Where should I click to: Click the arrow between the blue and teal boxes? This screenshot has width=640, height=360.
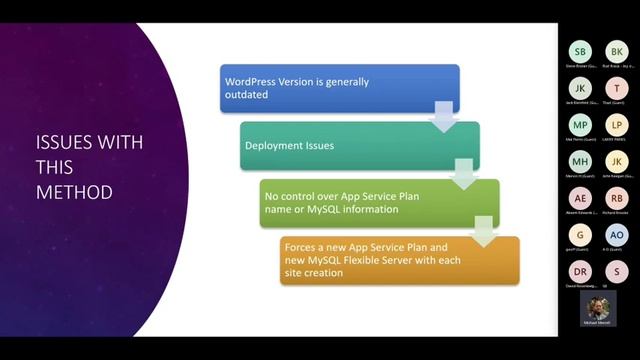pos(440,118)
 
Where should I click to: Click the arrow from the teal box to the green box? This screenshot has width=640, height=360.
pos(461,175)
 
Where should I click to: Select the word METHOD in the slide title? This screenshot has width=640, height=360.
pos(73,190)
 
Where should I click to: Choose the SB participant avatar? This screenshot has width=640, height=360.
pos(581,52)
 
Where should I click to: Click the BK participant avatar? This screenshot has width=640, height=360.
pos(617,52)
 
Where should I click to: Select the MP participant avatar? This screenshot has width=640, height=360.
pos(581,125)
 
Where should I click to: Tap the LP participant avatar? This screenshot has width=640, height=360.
pos(617,125)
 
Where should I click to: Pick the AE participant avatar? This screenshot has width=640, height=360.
pos(581,198)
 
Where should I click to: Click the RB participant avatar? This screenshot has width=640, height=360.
pos(617,198)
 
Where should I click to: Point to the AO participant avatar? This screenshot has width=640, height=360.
pos(617,234)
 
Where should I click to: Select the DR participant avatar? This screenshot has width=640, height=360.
pos(581,271)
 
